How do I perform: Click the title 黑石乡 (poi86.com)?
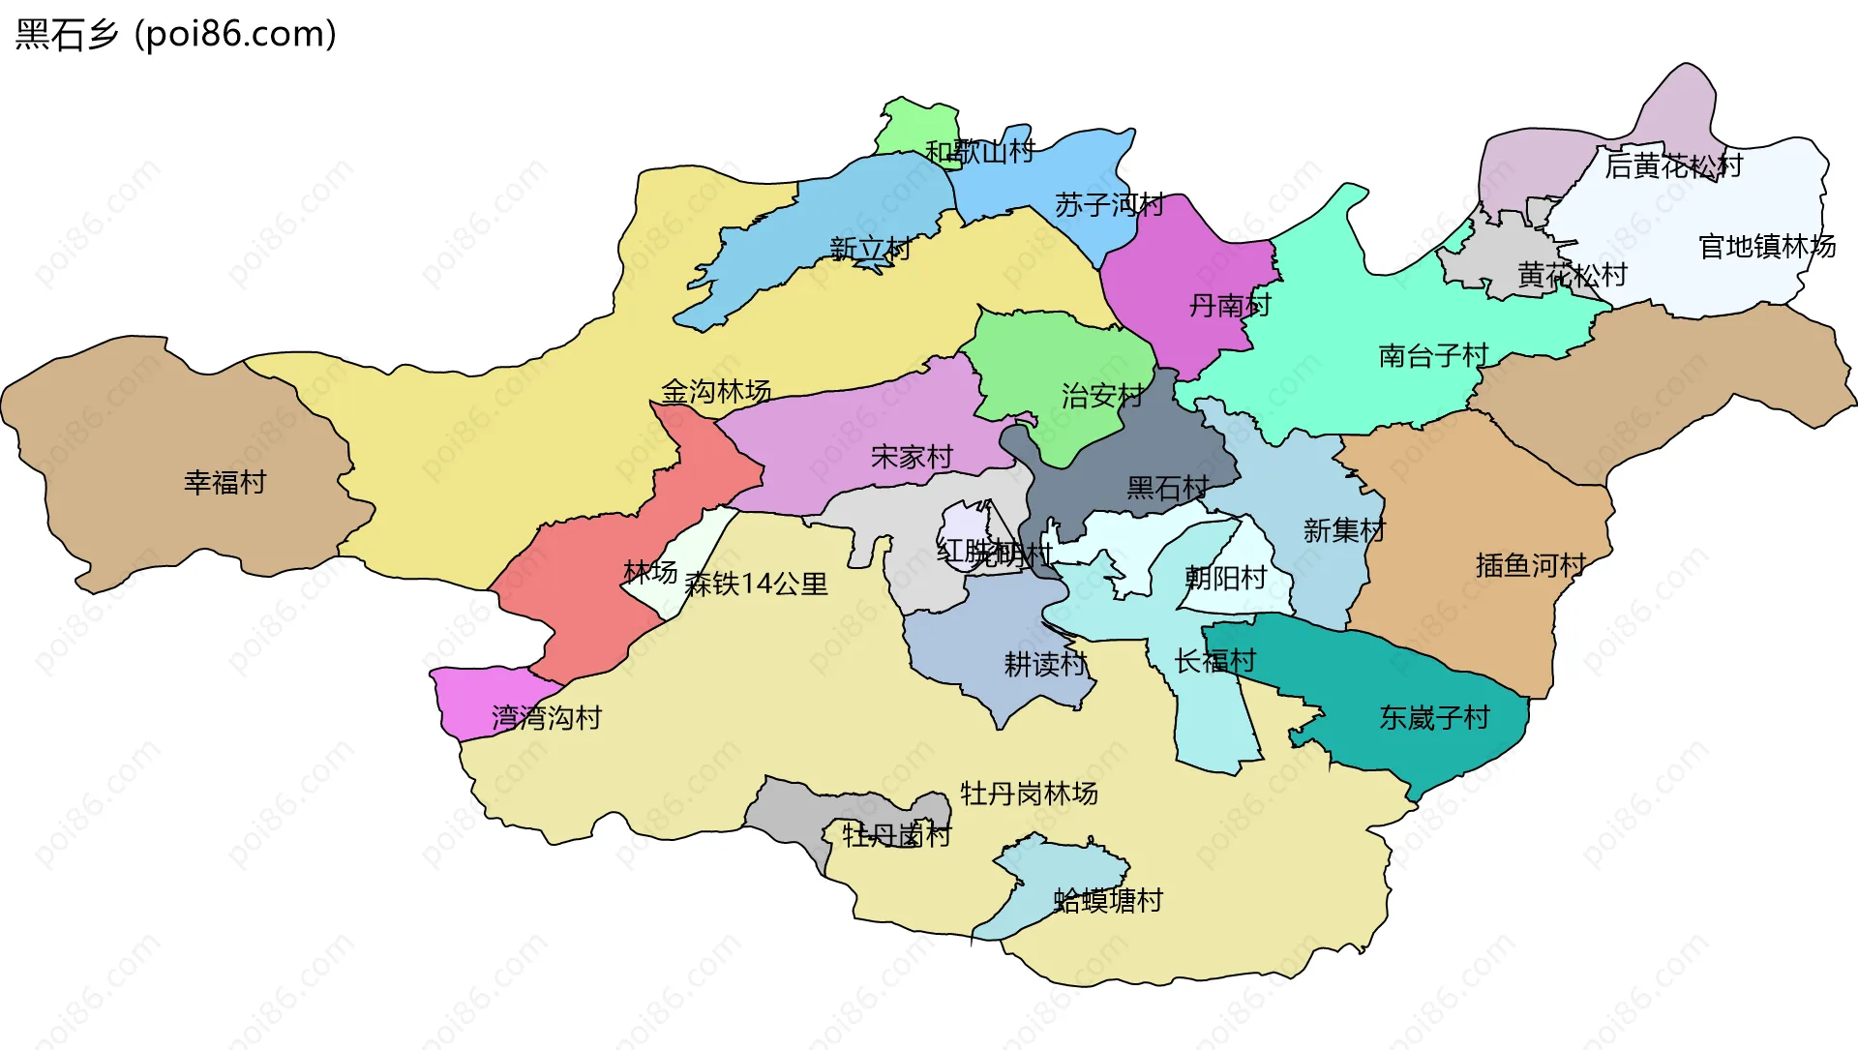[x=176, y=34]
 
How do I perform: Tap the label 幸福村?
[x=225, y=482]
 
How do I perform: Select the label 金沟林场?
[x=716, y=391]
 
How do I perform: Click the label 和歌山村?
[x=979, y=152]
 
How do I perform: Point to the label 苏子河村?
[x=1109, y=204]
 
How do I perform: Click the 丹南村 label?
[x=1229, y=305]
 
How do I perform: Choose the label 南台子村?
[x=1433, y=355]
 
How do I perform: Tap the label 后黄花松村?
[x=1673, y=166]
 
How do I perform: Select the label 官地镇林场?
[x=1767, y=246]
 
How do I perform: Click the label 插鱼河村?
[x=1530, y=564]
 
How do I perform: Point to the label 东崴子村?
[x=1434, y=717]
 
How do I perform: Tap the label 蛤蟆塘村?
[x=1108, y=900]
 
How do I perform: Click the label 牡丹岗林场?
[x=1029, y=794]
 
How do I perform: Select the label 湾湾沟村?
[x=547, y=717]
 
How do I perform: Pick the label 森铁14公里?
[x=756, y=584]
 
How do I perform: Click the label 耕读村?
[x=1045, y=664]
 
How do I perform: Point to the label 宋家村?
[x=912, y=456]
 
